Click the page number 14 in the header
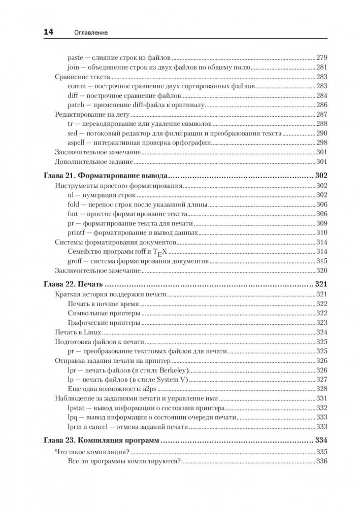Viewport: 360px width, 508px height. click(x=48, y=33)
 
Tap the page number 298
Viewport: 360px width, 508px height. click(x=322, y=142)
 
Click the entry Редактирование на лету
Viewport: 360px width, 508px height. click(x=92, y=114)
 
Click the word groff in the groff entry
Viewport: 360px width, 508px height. click(x=75, y=260)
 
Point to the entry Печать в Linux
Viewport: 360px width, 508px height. click(x=75, y=332)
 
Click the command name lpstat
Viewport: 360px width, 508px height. click(x=76, y=408)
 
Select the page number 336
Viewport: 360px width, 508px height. click(x=322, y=461)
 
